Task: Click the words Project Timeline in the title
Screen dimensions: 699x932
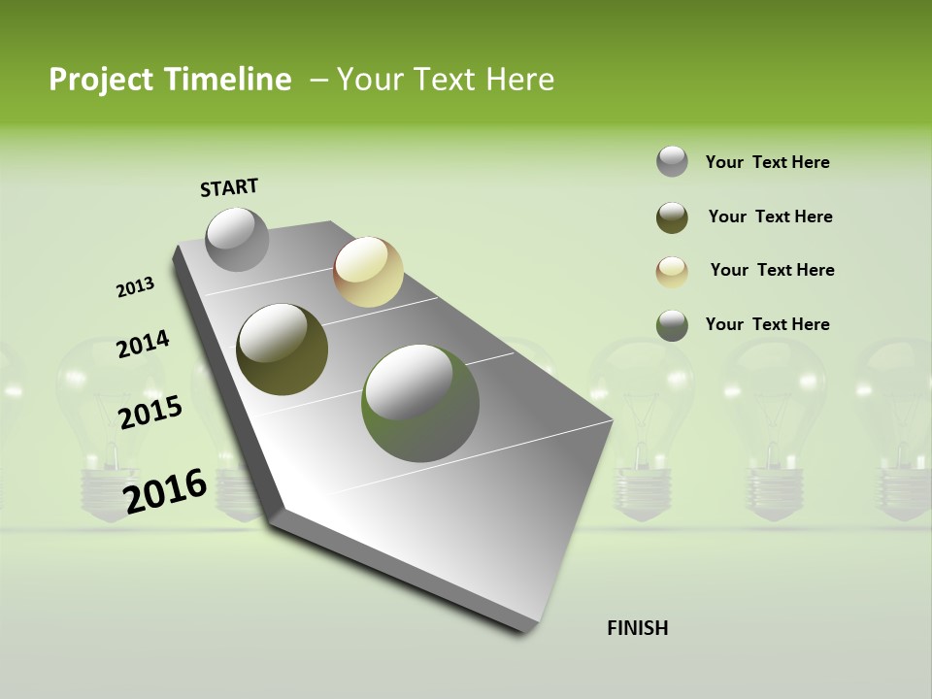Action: tap(170, 80)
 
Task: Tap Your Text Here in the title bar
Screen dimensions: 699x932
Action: tap(446, 80)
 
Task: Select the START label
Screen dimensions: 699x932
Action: tap(229, 187)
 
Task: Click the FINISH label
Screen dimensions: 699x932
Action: tap(638, 628)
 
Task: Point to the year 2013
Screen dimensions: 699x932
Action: tap(136, 287)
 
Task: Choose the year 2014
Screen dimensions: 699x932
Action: tap(144, 345)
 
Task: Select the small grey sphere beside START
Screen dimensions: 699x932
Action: tap(237, 239)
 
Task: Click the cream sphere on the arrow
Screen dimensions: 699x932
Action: tap(368, 272)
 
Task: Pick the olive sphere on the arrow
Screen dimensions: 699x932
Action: tap(282, 349)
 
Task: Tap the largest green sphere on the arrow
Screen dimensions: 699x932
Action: tap(419, 403)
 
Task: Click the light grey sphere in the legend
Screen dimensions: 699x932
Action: tap(672, 162)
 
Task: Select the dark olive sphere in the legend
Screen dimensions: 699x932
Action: tap(672, 217)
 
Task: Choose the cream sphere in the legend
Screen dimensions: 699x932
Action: tap(672, 272)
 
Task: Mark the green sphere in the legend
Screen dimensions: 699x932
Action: tap(672, 325)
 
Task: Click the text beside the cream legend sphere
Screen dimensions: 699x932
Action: tap(772, 270)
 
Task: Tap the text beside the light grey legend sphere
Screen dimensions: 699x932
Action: tap(768, 162)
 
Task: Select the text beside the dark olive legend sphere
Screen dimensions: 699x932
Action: tap(770, 216)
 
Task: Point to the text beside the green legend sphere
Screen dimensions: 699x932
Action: tap(768, 324)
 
